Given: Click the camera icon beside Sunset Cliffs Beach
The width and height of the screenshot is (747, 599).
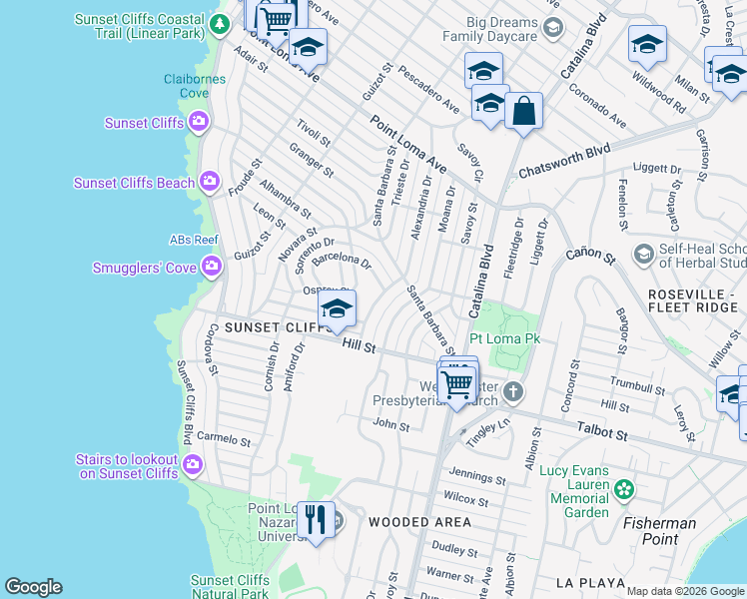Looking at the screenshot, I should [209, 182].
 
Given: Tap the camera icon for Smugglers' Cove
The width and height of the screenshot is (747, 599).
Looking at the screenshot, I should [211, 267].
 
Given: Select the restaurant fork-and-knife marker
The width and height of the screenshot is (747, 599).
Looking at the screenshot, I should [316, 520].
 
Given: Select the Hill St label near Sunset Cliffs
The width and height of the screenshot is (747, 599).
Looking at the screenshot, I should [358, 345].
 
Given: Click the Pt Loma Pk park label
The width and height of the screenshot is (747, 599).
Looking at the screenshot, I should [504, 339].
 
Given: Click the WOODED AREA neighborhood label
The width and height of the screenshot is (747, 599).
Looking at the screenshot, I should [419, 522].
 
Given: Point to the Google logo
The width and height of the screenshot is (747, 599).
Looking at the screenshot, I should [34, 587].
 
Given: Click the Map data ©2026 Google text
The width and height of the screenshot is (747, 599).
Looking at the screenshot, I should [684, 591].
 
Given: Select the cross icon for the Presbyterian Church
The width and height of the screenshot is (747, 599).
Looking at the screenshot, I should [512, 391].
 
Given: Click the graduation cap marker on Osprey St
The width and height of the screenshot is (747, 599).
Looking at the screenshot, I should [337, 308].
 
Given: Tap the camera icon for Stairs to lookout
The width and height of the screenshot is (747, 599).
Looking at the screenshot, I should [193, 464].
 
